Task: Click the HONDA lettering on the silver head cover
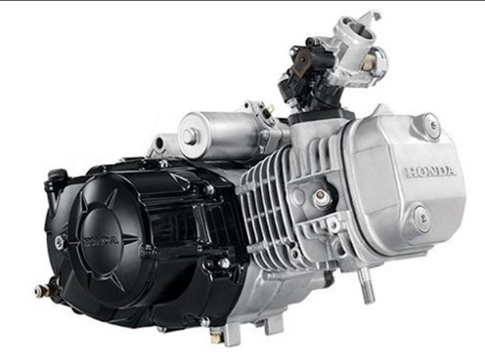[x=431, y=172]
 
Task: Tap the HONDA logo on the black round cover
[x=101, y=241]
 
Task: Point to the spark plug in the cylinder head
[x=322, y=198]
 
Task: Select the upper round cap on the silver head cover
[x=432, y=125]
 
